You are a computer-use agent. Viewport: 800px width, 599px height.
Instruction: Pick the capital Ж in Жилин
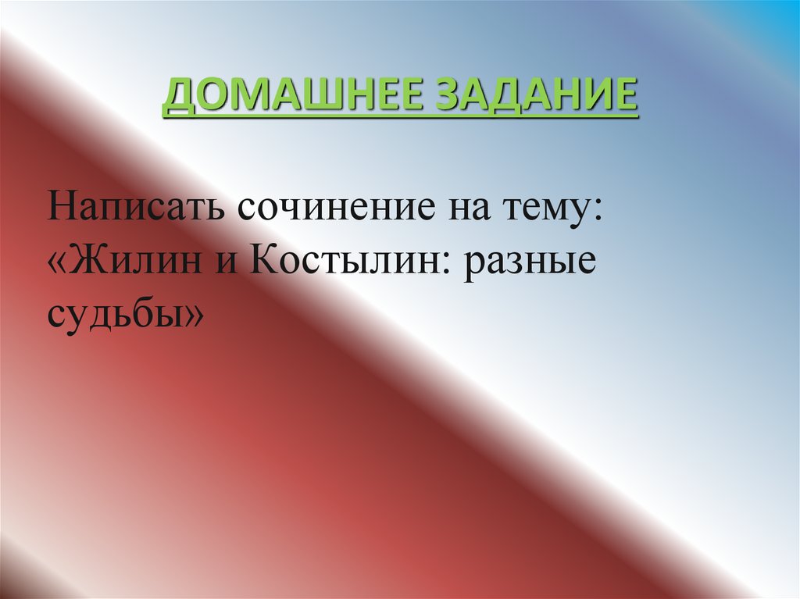tap(91, 262)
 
